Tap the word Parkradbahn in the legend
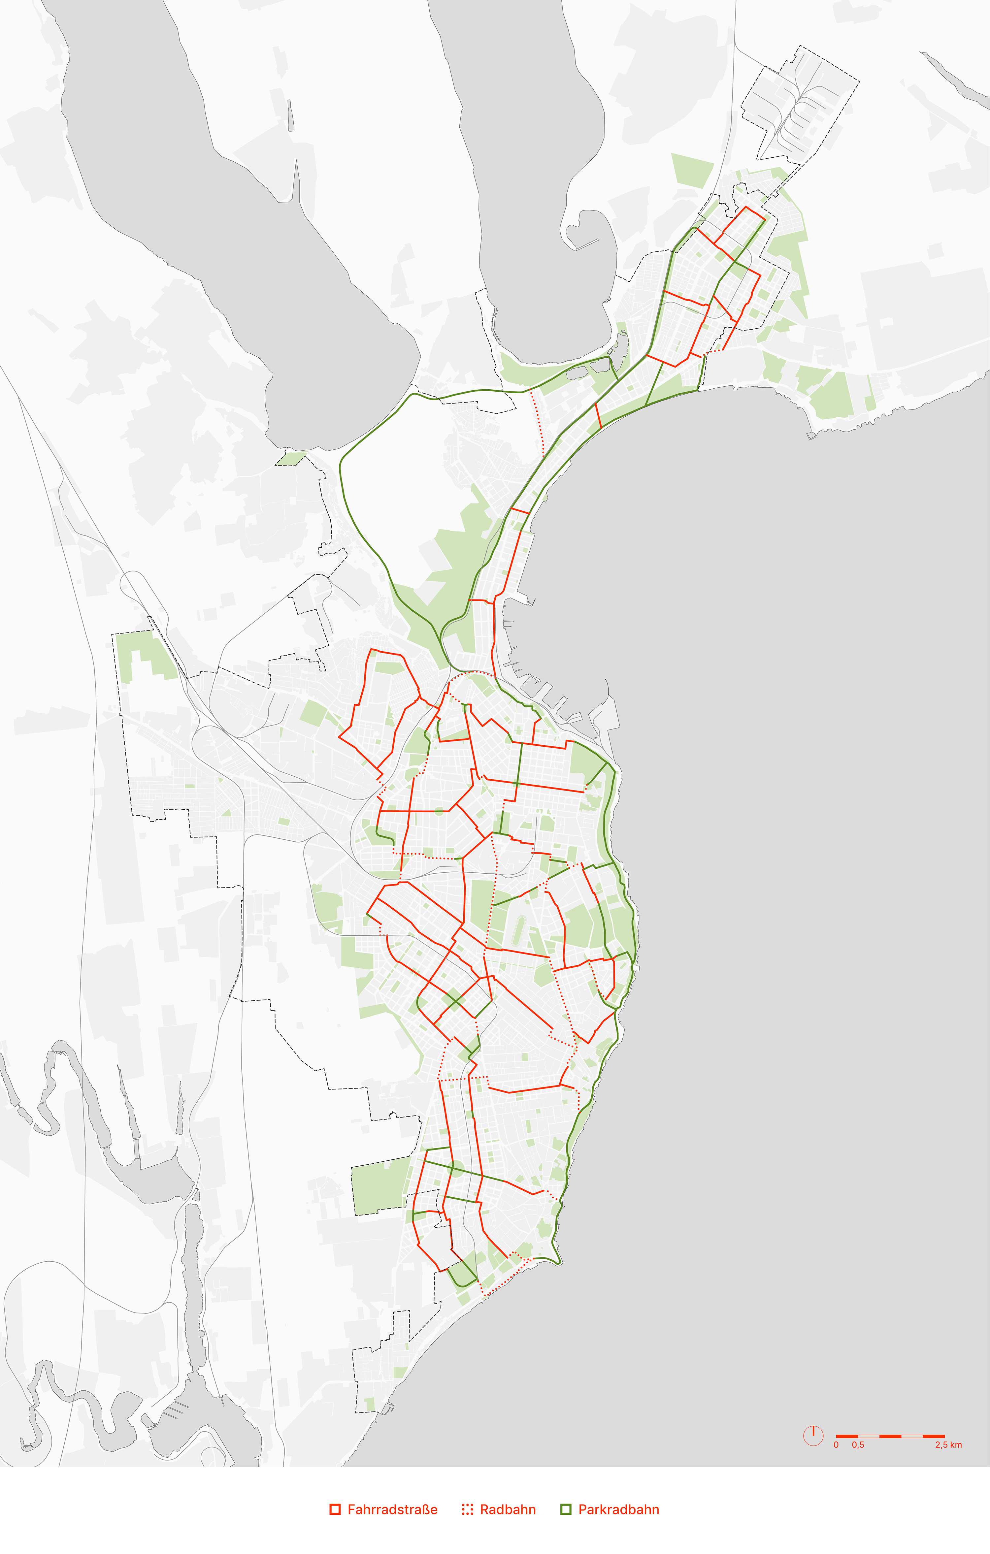click(x=618, y=1509)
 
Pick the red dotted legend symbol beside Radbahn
click(x=467, y=1509)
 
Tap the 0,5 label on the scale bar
click(x=858, y=1444)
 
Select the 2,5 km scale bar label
click(x=948, y=1444)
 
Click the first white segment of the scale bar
click(x=869, y=1436)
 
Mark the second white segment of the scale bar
click(x=912, y=1436)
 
